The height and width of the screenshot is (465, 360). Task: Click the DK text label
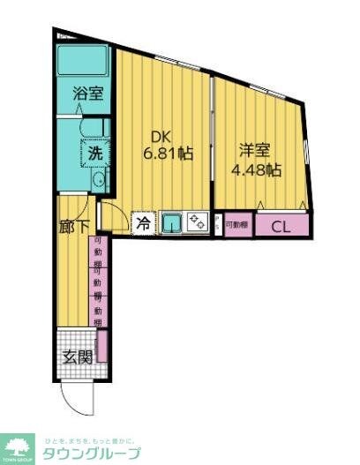point(159,137)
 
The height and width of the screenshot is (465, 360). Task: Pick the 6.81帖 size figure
point(168,154)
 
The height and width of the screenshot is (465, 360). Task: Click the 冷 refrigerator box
point(142,224)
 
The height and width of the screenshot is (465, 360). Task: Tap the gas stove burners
point(197,223)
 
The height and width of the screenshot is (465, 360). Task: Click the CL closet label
point(281,226)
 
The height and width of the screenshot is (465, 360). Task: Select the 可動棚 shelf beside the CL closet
point(236,226)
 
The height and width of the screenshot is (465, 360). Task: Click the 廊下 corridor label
point(73,226)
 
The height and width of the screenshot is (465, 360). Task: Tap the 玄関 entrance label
point(77,356)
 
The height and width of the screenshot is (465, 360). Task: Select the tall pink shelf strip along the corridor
point(97,281)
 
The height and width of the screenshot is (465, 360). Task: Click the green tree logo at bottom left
point(17,446)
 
